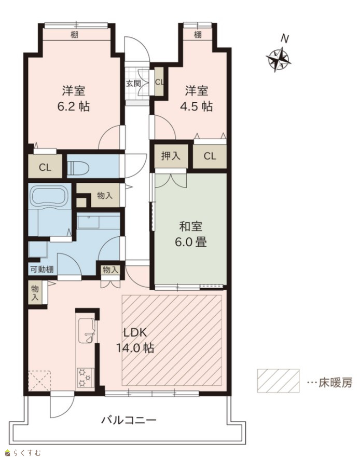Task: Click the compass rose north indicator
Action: [x=279, y=57]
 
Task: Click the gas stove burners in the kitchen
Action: [x=85, y=378]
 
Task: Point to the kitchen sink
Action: [x=86, y=330]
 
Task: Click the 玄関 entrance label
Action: [x=133, y=84]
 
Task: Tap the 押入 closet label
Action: [x=171, y=156]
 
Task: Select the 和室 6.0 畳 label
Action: [x=191, y=234]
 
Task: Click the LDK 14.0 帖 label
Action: [x=135, y=340]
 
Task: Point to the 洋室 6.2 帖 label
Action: [x=74, y=99]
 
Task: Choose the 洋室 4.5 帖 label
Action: [x=196, y=99]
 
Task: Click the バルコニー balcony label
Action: [x=129, y=421]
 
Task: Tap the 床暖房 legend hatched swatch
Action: [x=278, y=381]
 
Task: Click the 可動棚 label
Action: [x=42, y=270]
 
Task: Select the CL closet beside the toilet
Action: [x=45, y=167]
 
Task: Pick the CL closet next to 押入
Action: [x=210, y=156]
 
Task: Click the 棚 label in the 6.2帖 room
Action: [x=74, y=35]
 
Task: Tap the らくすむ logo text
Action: [x=23, y=453]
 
